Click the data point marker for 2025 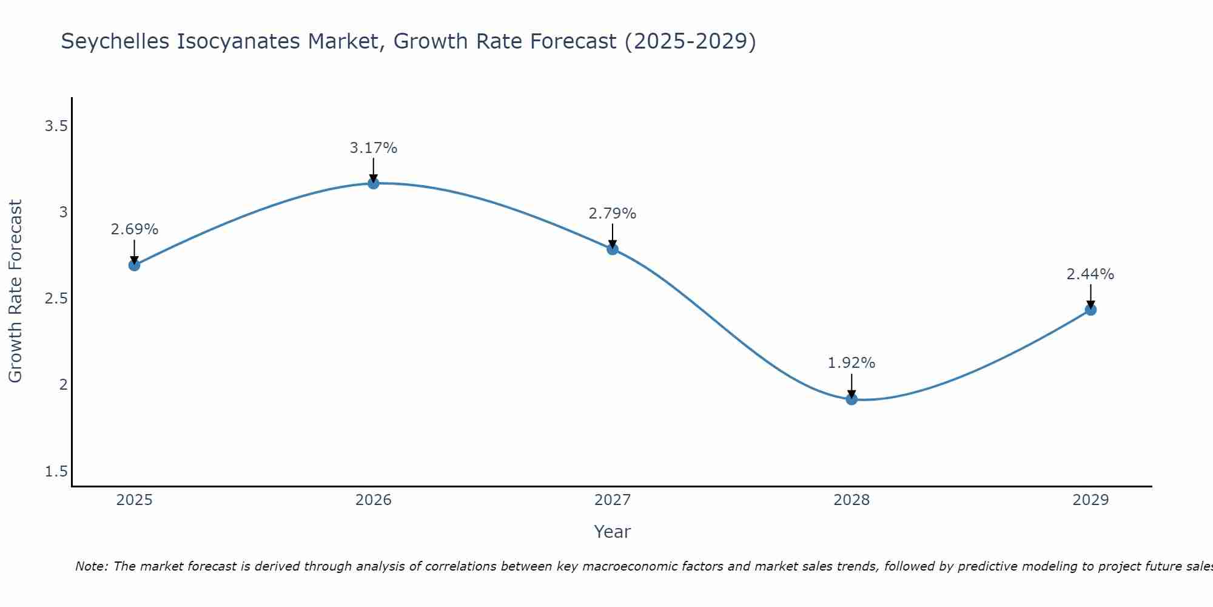pyautogui.click(x=135, y=265)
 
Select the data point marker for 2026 pyautogui.click(x=374, y=183)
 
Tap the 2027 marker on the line pyautogui.click(x=613, y=249)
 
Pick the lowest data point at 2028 pyautogui.click(x=852, y=399)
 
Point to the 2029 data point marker pyautogui.click(x=1090, y=310)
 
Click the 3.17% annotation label pyautogui.click(x=374, y=148)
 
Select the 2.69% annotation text pyautogui.click(x=135, y=229)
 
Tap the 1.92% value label pyautogui.click(x=852, y=363)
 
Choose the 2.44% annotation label pyautogui.click(x=1090, y=274)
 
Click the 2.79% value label pyautogui.click(x=613, y=214)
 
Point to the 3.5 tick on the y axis pyautogui.click(x=56, y=126)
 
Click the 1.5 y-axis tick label pyautogui.click(x=56, y=472)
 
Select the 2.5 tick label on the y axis pyautogui.click(x=56, y=299)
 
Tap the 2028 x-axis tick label pyautogui.click(x=852, y=500)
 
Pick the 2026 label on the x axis pyautogui.click(x=374, y=500)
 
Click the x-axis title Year pyautogui.click(x=613, y=532)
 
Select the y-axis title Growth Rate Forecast pyautogui.click(x=15, y=291)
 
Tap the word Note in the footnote pyautogui.click(x=91, y=566)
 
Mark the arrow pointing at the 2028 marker pyautogui.click(x=852, y=386)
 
